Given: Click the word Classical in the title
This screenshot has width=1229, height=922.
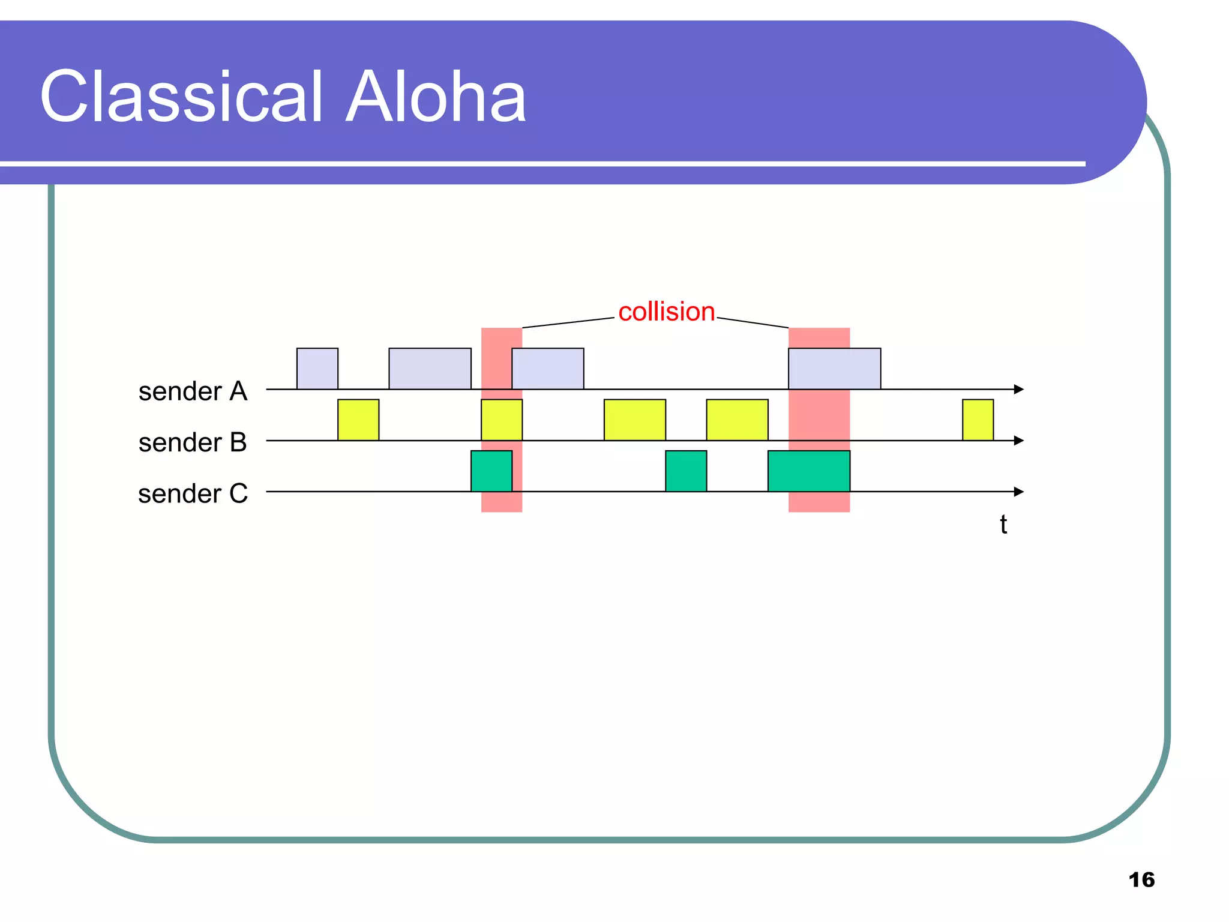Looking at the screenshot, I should pyautogui.click(x=183, y=97).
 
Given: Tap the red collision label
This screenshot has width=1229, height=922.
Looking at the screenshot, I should pyautogui.click(x=666, y=312).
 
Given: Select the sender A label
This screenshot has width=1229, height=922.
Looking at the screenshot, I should pyautogui.click(x=193, y=391).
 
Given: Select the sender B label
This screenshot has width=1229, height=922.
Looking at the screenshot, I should pyautogui.click(x=193, y=442).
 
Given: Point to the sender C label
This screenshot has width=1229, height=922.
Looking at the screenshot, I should pyautogui.click(x=193, y=494).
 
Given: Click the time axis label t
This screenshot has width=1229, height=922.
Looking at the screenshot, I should pyautogui.click(x=1003, y=525).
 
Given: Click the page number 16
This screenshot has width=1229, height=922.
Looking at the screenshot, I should pyautogui.click(x=1141, y=880).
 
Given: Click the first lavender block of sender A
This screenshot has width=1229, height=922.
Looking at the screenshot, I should pyautogui.click(x=317, y=369).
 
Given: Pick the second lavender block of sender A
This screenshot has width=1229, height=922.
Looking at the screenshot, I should pyautogui.click(x=430, y=369).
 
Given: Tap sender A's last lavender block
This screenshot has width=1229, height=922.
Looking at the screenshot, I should pyautogui.click(x=834, y=369).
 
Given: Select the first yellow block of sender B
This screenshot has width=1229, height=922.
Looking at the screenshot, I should pyautogui.click(x=358, y=420).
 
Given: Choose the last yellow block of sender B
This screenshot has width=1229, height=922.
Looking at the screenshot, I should pyautogui.click(x=978, y=420).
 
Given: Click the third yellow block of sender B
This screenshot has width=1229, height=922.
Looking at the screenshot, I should pyautogui.click(x=634, y=420).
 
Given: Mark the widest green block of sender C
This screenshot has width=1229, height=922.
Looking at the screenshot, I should pyautogui.click(x=808, y=471).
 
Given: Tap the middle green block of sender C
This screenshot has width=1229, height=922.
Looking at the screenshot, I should pyautogui.click(x=685, y=471).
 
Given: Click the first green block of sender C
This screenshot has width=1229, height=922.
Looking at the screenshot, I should pyautogui.click(x=491, y=471).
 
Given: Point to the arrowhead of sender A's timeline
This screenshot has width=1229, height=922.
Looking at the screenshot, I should pyautogui.click(x=1018, y=389).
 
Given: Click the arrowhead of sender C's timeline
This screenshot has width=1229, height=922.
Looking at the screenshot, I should pyautogui.click(x=1018, y=492).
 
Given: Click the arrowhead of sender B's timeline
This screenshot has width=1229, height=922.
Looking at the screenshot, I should pyautogui.click(x=1018, y=441).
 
